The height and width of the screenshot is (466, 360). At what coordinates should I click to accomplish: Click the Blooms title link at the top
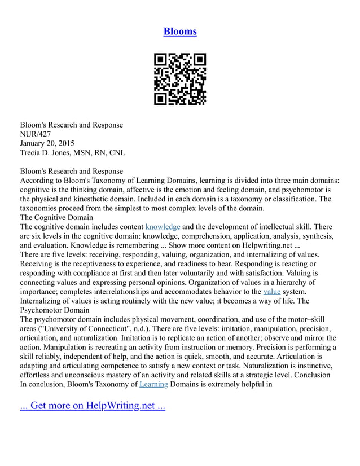coord(180,32)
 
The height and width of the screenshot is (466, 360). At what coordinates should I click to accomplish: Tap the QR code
coord(180,79)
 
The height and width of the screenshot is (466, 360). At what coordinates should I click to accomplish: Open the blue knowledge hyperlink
coord(163,227)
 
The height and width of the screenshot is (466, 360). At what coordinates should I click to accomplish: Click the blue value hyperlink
coord(271,292)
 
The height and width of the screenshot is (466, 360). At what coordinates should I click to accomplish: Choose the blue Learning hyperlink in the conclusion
coord(153,384)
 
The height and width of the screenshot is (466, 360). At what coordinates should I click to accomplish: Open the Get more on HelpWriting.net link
coord(93,406)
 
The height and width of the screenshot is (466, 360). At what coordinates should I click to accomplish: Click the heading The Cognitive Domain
coord(57,217)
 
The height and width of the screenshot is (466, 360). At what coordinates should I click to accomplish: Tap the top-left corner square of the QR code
coord(160,59)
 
